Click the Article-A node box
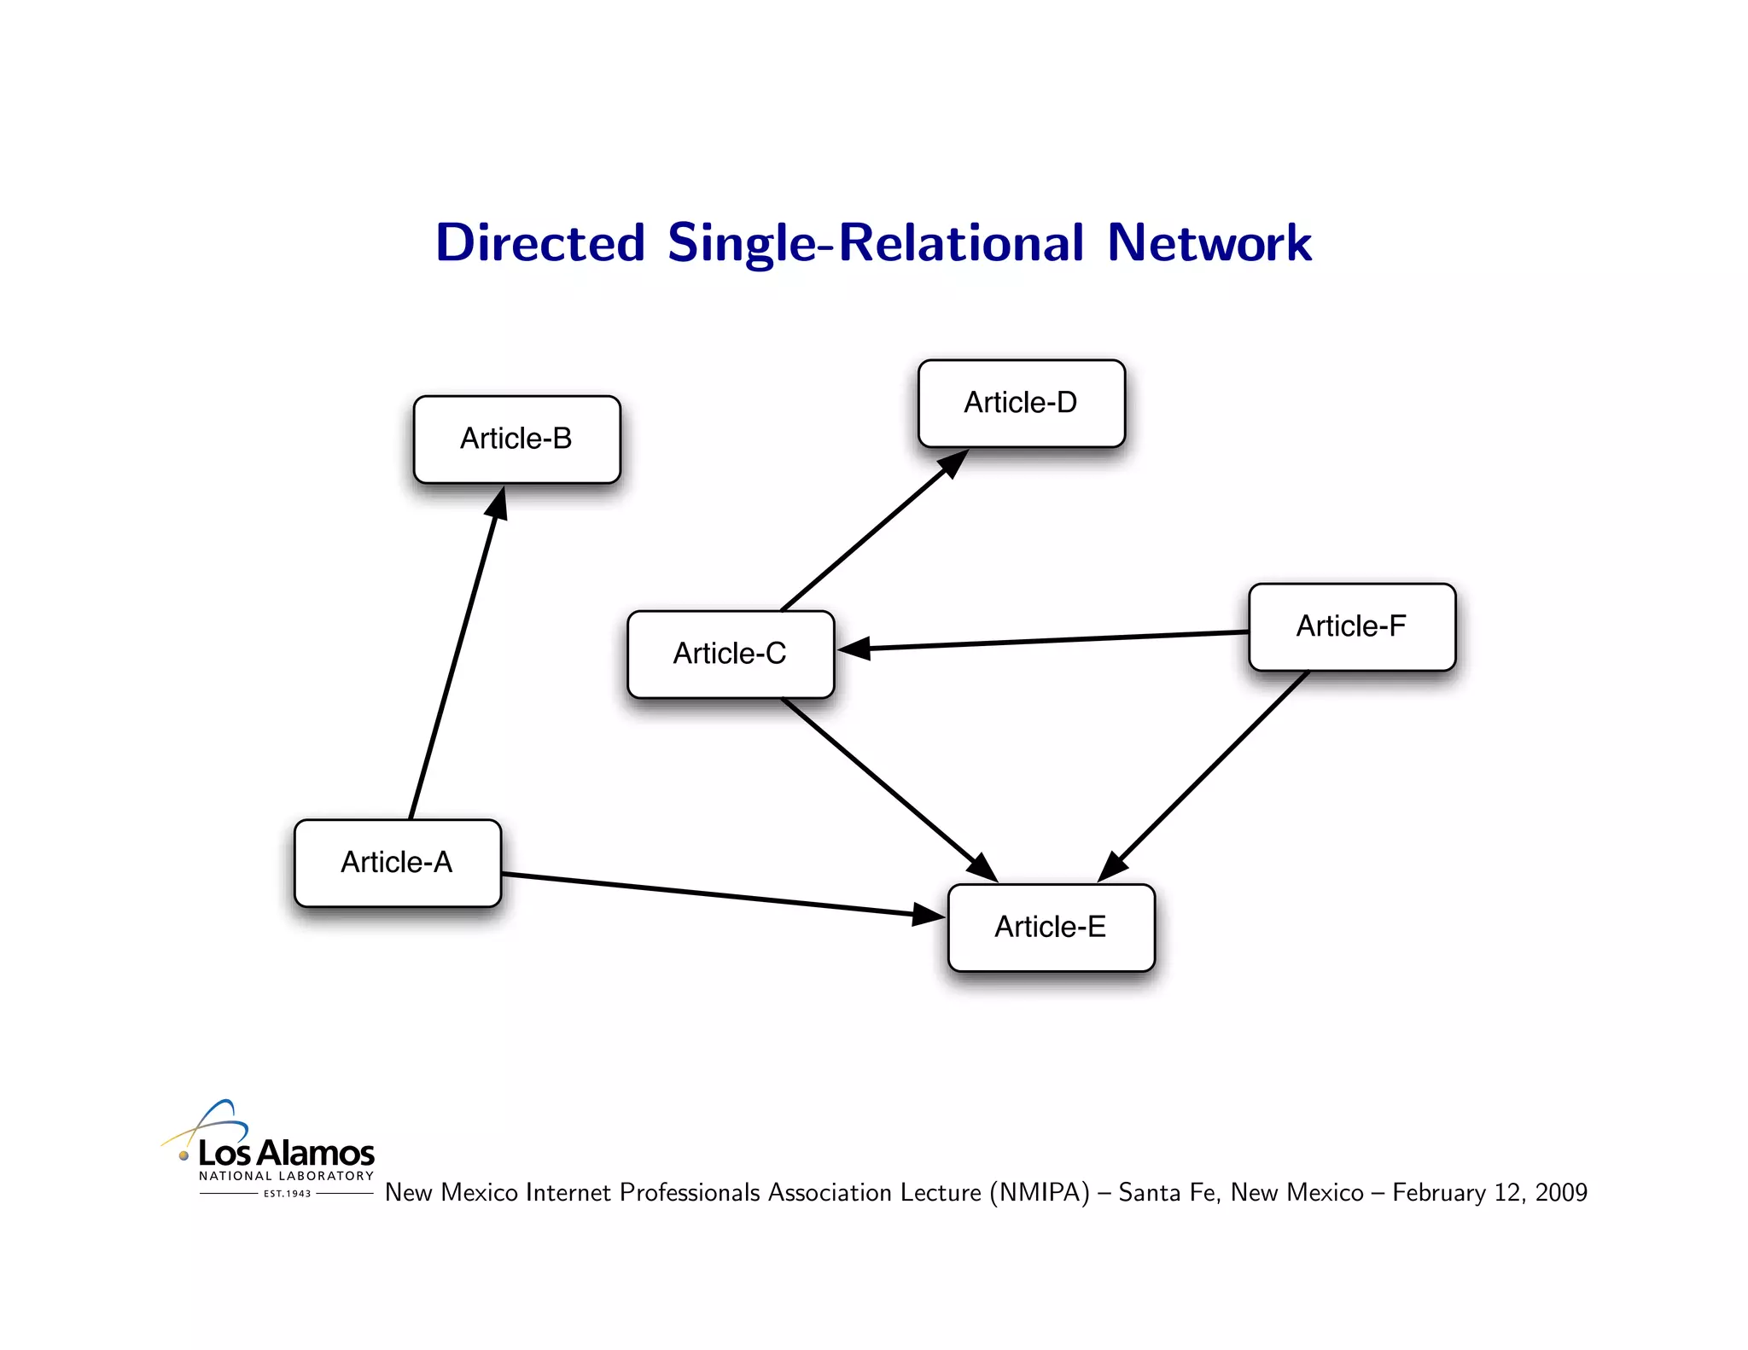[x=397, y=863]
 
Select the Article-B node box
[x=516, y=439]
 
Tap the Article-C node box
[x=730, y=654]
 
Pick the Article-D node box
[x=1021, y=403]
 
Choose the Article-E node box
[x=1051, y=927]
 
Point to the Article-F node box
[x=1351, y=626]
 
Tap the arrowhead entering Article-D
[x=953, y=463]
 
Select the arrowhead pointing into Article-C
[x=854, y=649]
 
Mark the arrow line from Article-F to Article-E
[x=1212, y=768]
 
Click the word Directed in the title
[x=539, y=242]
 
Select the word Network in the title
[x=1209, y=242]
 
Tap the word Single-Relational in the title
[x=876, y=244]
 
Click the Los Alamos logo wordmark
[x=286, y=1153]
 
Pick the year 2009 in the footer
[x=1561, y=1192]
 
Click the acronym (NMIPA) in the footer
[x=1040, y=1192]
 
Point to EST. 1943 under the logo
[x=287, y=1194]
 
